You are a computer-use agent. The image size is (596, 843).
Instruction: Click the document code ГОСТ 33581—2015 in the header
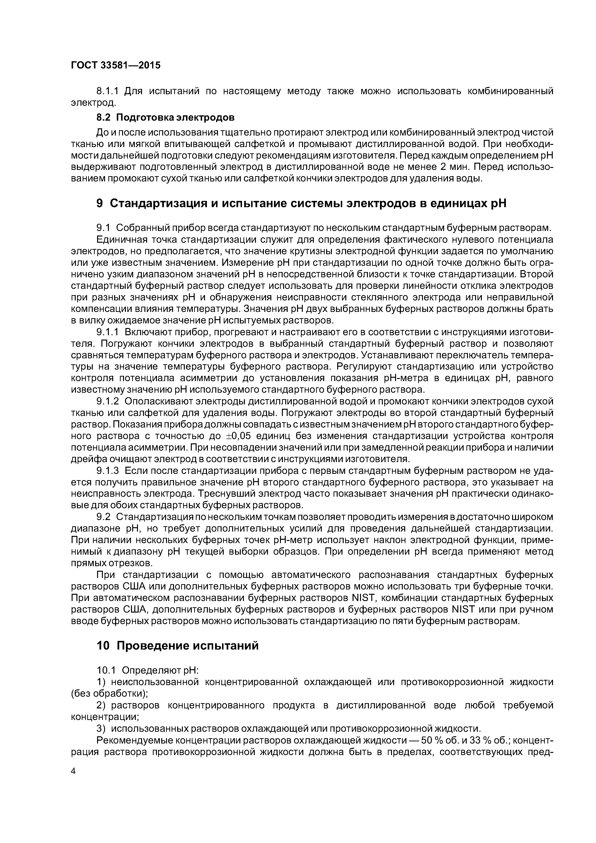pyautogui.click(x=115, y=65)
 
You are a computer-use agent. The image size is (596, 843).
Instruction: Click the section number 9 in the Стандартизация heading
pyautogui.click(x=99, y=203)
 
